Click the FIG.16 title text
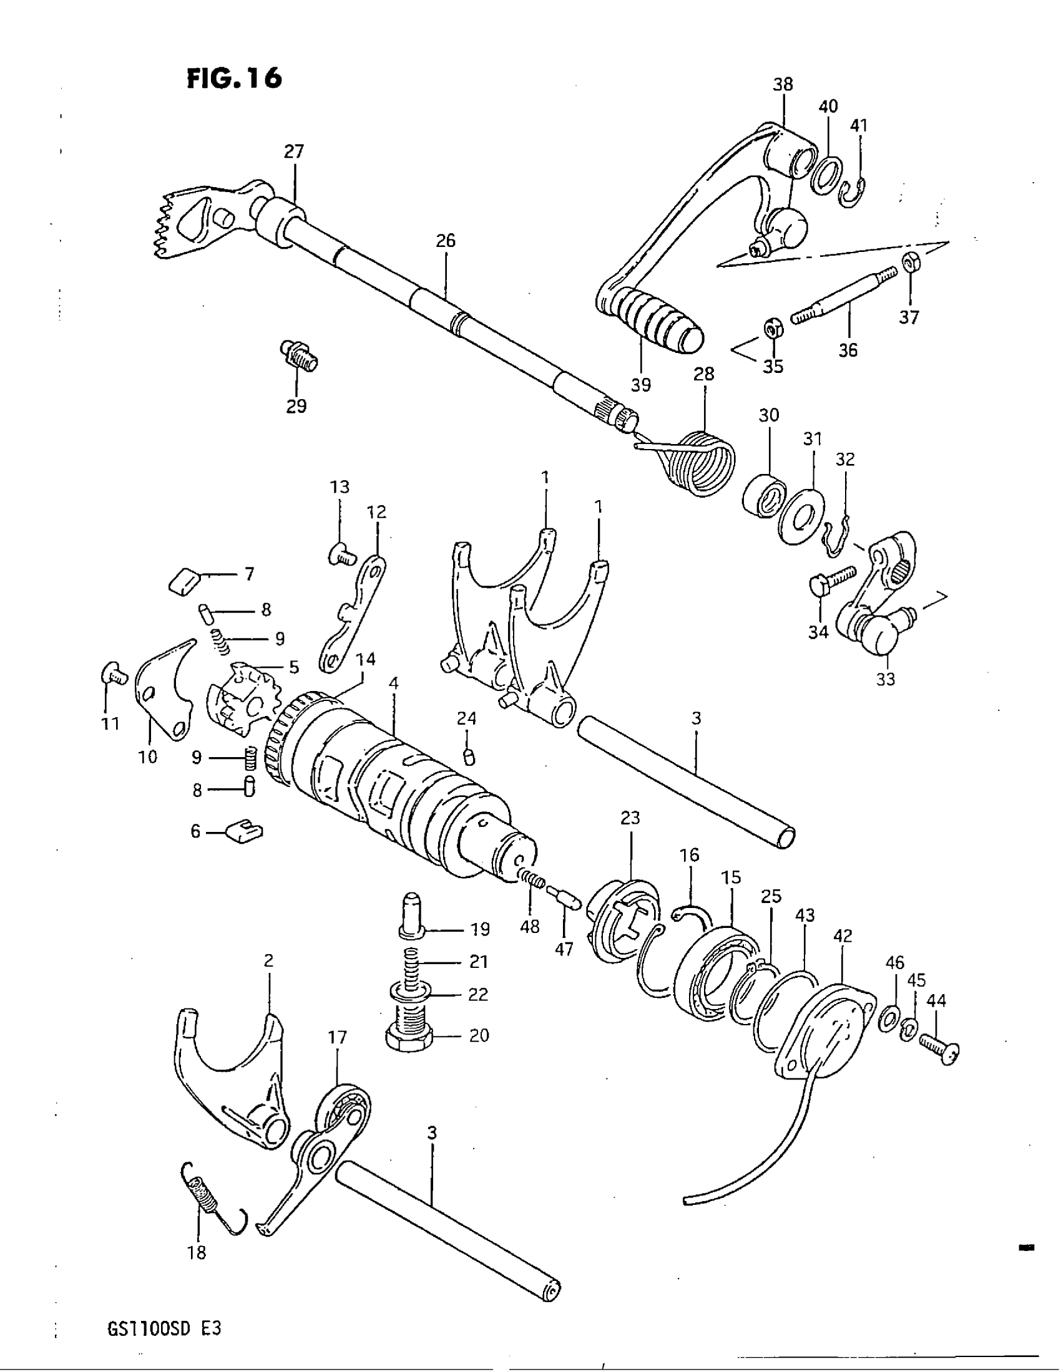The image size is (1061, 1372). coord(235,79)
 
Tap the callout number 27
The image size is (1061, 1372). coord(293,152)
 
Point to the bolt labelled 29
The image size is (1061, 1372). coord(297,355)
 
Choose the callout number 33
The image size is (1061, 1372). coord(885,679)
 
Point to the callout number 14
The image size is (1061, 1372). coord(365,659)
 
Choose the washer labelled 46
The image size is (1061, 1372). coord(887,1018)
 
